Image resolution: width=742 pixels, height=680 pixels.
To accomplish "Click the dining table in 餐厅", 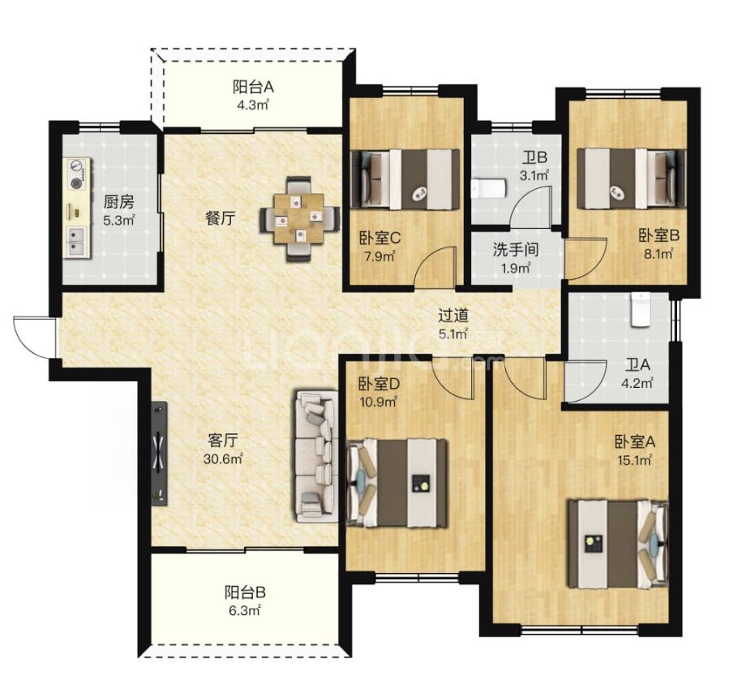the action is point(299,218).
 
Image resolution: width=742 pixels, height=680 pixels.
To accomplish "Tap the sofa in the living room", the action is point(316,456).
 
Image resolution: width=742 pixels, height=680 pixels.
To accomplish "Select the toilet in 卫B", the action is point(489,188).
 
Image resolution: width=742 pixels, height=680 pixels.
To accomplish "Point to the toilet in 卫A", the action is point(641,310).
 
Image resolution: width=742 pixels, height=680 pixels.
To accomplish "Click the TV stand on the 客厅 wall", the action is point(160,453).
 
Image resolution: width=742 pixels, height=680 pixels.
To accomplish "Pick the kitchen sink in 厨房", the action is point(76,240).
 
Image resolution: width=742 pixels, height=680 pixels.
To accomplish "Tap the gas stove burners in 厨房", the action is point(76,174).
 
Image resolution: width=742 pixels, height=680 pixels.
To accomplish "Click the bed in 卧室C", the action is point(405,179).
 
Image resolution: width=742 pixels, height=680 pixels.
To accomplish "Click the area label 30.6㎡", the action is point(223,458).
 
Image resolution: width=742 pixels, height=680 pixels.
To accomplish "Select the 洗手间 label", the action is point(516,250).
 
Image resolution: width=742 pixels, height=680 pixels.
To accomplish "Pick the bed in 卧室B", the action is point(631,179).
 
